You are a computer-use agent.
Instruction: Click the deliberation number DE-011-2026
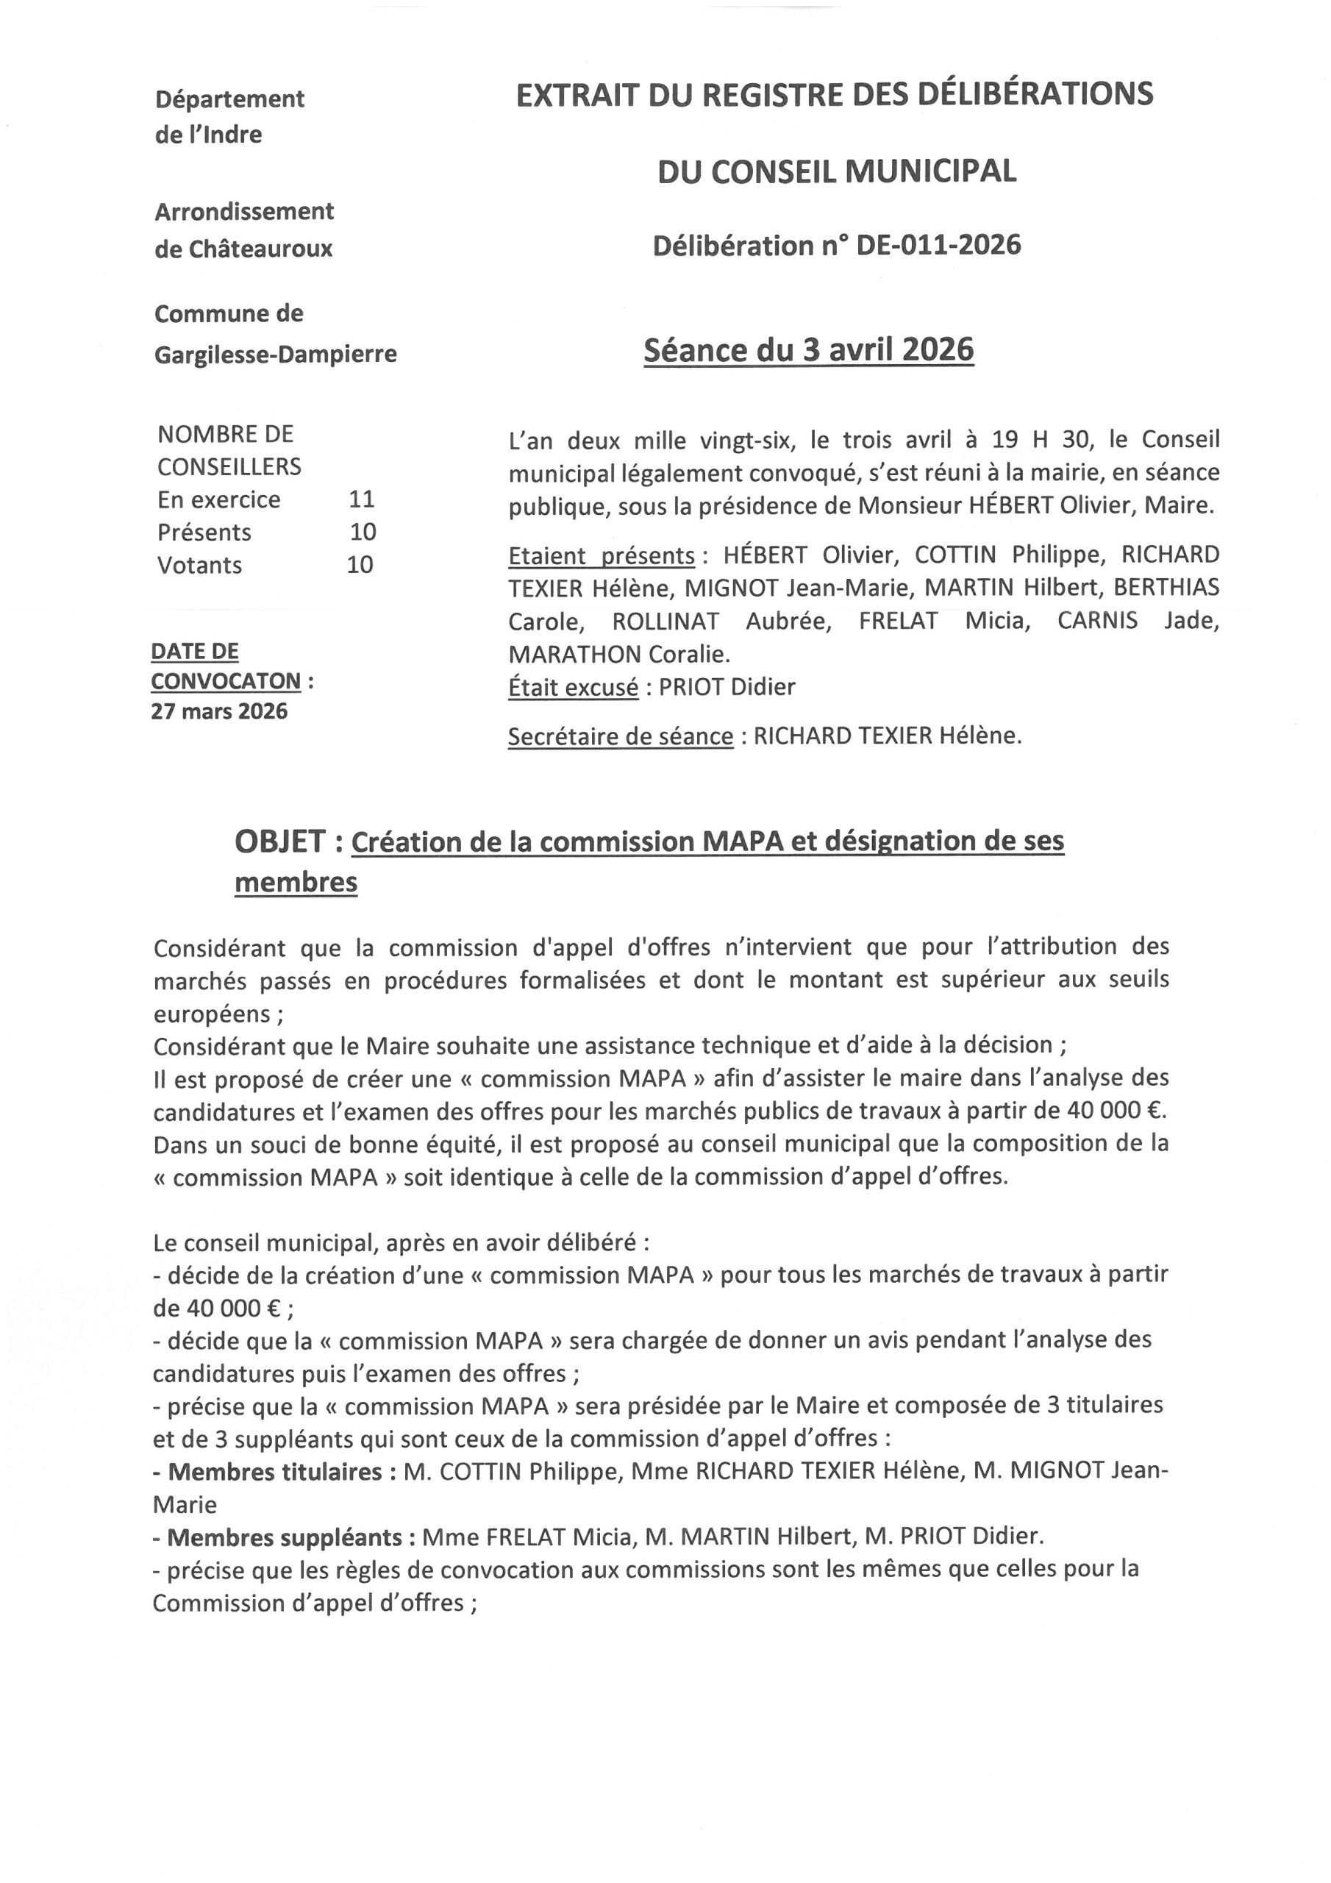pyautogui.click(x=938, y=245)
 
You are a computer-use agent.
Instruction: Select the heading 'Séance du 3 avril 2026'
pyautogui.click(x=809, y=350)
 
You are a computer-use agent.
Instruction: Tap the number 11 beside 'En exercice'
pyautogui.click(x=362, y=499)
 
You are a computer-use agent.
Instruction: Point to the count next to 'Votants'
pyautogui.click(x=360, y=564)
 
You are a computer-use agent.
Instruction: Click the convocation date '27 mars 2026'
pyautogui.click(x=219, y=711)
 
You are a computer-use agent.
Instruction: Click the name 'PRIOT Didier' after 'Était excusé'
pyautogui.click(x=727, y=686)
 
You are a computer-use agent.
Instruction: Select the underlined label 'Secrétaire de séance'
pyautogui.click(x=620, y=736)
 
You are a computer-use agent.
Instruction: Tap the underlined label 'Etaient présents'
pyautogui.click(x=601, y=555)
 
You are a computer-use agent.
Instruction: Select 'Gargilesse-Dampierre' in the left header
pyautogui.click(x=276, y=355)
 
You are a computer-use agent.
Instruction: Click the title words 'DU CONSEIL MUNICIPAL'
pyautogui.click(x=837, y=171)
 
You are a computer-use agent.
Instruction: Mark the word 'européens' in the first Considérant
pyautogui.click(x=213, y=1014)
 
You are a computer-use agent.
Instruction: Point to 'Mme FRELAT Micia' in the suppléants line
pyautogui.click(x=524, y=1537)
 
